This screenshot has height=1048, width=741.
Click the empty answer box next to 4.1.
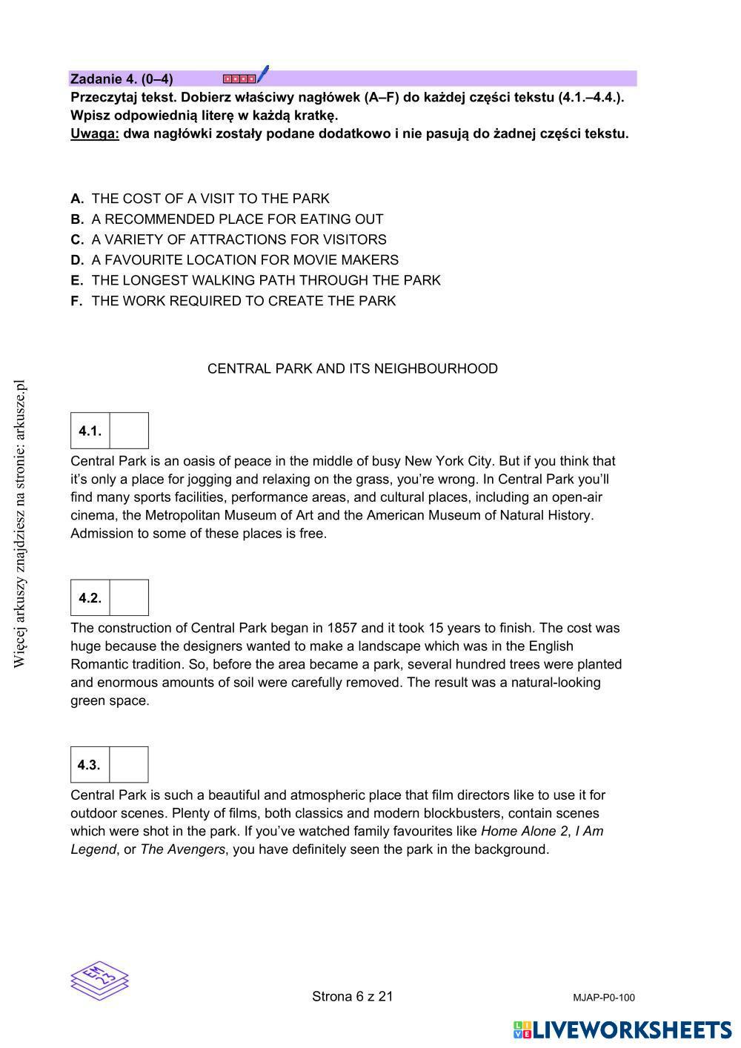click(129, 431)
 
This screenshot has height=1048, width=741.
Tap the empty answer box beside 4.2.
click(129, 598)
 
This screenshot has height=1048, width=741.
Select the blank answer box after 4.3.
click(129, 765)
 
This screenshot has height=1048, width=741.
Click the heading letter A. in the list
click(77, 199)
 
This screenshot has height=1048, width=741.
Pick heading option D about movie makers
click(245, 260)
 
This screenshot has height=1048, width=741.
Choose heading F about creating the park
click(243, 301)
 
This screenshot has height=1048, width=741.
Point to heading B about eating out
click(237, 219)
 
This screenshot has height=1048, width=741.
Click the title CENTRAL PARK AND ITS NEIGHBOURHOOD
click(353, 369)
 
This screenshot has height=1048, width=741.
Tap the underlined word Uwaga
click(95, 134)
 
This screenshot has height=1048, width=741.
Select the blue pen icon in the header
click(262, 74)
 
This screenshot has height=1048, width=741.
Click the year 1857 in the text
click(342, 629)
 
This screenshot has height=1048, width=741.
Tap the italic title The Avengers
click(182, 849)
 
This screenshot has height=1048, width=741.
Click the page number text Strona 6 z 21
click(353, 997)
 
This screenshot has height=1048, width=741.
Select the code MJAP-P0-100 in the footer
click(604, 998)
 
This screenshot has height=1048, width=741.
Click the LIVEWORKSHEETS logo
click(622, 1030)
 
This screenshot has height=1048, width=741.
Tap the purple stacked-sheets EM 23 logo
click(100, 978)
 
